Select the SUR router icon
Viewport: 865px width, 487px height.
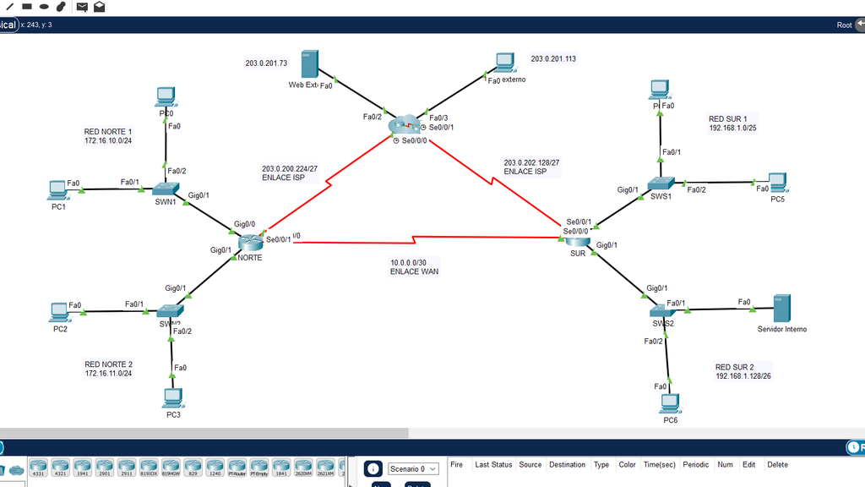click(578, 241)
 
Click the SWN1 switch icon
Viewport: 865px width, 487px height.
click(165, 189)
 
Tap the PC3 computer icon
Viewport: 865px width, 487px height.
click(172, 397)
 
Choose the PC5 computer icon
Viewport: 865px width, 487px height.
click(777, 182)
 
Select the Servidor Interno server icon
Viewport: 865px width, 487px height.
click(782, 308)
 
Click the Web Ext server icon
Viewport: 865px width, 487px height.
click(309, 66)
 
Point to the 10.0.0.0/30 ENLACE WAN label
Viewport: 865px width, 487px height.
click(414, 267)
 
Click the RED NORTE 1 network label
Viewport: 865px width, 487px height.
click(108, 136)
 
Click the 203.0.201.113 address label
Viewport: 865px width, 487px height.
click(553, 59)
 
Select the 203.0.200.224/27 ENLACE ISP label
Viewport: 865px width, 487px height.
click(290, 173)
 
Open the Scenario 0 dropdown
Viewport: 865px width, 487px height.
click(413, 468)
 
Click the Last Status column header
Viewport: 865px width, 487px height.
click(493, 464)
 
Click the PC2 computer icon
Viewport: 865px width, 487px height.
click(59, 312)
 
